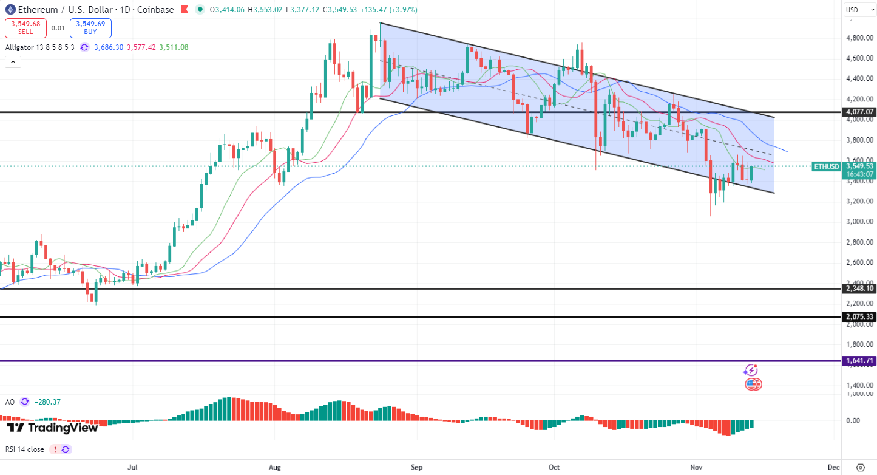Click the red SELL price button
[25, 28]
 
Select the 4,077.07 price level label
[860, 112]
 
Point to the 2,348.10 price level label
[860, 288]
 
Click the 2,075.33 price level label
[860, 316]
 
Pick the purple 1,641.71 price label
[860, 361]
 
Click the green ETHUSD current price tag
[826, 166]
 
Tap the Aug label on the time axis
[275, 467]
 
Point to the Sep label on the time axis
[416, 467]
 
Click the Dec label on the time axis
[833, 467]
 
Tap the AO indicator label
[10, 402]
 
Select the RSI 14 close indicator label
[25, 449]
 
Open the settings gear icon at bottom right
[860, 467]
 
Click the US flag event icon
[753, 384]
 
